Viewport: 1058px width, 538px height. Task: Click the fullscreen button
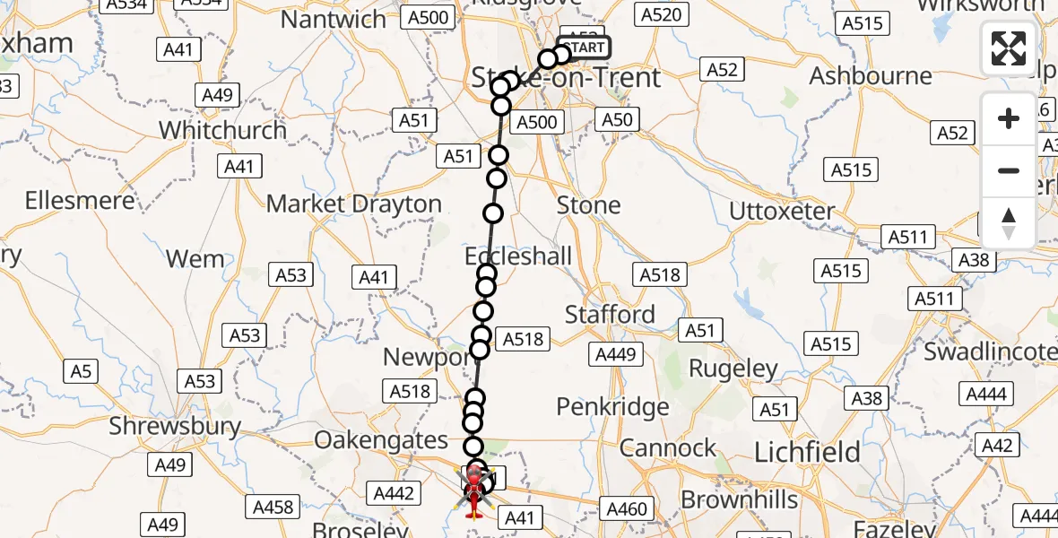click(1009, 48)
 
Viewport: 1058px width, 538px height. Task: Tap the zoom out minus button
click(1009, 170)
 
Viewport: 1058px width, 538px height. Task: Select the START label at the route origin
click(585, 48)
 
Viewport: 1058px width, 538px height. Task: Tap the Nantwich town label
click(334, 19)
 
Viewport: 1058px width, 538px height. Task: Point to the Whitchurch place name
click(222, 130)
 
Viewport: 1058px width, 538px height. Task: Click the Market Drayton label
click(354, 204)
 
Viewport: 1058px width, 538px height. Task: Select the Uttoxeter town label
click(782, 213)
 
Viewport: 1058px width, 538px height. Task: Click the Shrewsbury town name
click(175, 426)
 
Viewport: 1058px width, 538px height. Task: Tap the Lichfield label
click(808, 453)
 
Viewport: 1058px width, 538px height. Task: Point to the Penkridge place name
click(612, 407)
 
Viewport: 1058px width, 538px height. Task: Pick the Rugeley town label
click(733, 369)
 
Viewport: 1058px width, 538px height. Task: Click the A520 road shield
click(663, 14)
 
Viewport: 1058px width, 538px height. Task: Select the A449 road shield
click(615, 355)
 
